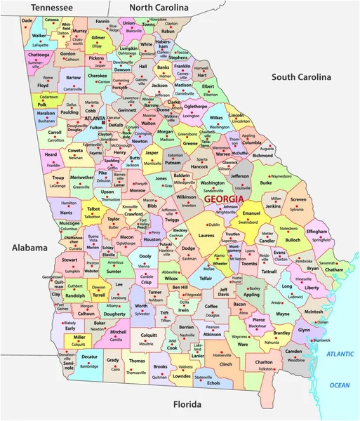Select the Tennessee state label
pyautogui.click(x=48, y=7)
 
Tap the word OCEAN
pyautogui.click(x=341, y=385)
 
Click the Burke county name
pyautogui.click(x=266, y=182)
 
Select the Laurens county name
pyautogui.click(x=206, y=237)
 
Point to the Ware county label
pyautogui.click(x=244, y=345)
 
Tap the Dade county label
pyautogui.click(x=27, y=21)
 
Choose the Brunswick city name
pyautogui.click(x=322, y=339)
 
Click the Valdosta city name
pyautogui.click(x=185, y=367)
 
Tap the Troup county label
pyautogui.click(x=58, y=178)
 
